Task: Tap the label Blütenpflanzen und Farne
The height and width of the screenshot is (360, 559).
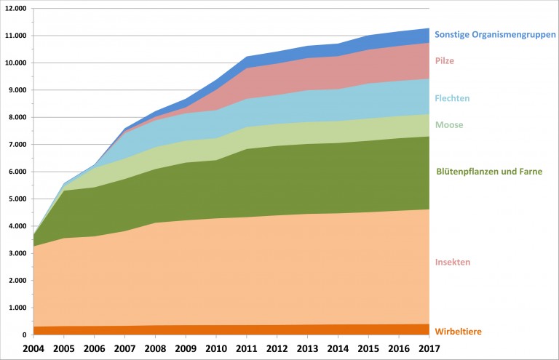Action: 488,172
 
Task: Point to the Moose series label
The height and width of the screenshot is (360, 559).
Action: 449,125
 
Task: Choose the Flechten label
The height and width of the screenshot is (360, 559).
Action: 452,98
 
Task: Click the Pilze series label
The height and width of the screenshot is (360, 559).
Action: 444,61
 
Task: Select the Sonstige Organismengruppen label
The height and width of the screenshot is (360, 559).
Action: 495,34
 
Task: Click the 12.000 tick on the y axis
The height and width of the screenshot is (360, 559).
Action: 15,9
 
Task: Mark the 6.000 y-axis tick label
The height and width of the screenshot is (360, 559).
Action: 16,172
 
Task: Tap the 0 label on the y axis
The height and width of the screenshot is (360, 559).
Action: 24,335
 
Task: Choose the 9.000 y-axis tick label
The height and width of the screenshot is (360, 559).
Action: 16,90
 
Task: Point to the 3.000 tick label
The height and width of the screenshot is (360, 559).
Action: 16,254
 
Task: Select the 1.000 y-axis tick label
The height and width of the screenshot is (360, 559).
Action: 16,308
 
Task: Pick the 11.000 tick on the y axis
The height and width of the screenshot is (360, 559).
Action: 15,36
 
